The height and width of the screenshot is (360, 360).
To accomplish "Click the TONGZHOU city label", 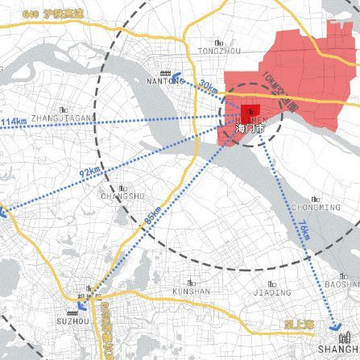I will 218,51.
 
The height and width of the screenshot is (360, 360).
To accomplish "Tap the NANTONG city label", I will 167,81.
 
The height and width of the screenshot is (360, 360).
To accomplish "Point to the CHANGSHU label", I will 122,196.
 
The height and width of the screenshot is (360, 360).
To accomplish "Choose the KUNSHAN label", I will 192,292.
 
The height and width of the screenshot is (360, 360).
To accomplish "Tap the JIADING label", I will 271,292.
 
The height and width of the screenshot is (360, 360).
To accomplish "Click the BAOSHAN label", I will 342,283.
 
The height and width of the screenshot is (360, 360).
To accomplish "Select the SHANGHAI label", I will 337,350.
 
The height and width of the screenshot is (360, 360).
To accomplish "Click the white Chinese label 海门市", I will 245,128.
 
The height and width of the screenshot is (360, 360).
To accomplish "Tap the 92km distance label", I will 89,171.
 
